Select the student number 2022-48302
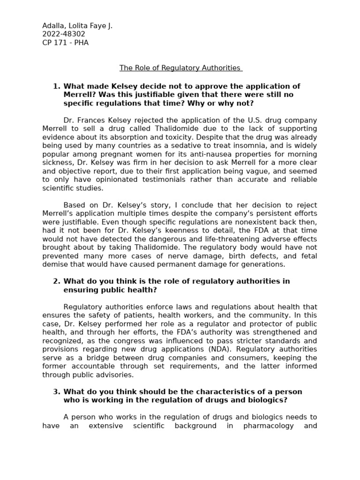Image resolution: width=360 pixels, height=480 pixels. [x=64, y=34]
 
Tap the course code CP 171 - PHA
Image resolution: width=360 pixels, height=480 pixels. [x=65, y=43]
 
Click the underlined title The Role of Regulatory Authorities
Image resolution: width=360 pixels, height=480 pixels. [x=180, y=68]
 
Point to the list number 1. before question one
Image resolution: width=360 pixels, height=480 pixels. [x=57, y=86]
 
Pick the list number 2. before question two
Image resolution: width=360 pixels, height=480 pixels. [x=57, y=281]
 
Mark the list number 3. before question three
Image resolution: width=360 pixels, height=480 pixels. [x=57, y=392]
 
